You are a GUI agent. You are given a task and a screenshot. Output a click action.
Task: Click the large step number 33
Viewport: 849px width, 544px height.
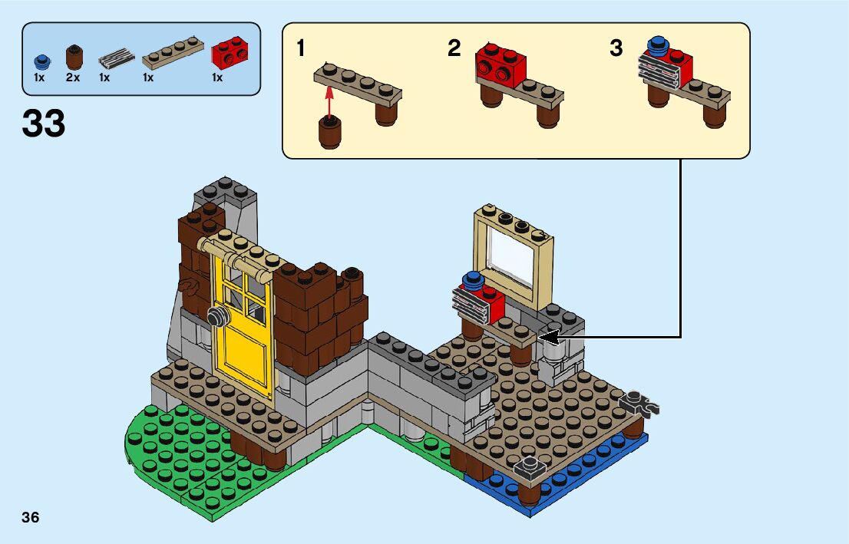click(x=44, y=124)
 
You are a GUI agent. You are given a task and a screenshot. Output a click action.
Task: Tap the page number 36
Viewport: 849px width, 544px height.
click(x=31, y=516)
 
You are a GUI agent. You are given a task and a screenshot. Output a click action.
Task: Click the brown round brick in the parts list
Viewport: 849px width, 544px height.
click(x=74, y=57)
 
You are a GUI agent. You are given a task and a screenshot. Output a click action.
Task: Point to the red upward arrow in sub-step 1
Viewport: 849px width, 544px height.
click(x=329, y=100)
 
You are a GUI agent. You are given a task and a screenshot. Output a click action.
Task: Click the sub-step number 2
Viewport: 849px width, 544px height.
click(x=454, y=49)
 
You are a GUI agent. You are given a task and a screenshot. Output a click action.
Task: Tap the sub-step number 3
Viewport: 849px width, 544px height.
click(x=616, y=49)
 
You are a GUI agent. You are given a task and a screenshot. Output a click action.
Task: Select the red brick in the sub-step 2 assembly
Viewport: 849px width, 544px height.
click(x=500, y=62)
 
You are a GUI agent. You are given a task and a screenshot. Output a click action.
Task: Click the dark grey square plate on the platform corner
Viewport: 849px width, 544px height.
click(x=529, y=466)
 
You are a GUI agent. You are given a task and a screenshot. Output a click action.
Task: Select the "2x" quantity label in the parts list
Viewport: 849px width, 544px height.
click(x=73, y=77)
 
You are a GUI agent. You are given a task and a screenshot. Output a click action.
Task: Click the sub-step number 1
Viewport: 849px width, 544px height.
click(x=301, y=49)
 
